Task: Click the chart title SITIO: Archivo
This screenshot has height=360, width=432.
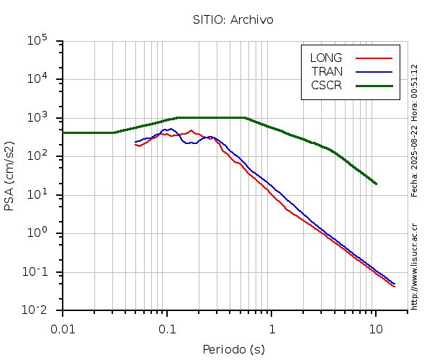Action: pos(233,19)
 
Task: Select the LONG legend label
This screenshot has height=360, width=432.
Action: pos(326,58)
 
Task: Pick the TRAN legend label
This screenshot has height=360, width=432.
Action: pos(327,71)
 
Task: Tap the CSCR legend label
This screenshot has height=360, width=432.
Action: pos(326,85)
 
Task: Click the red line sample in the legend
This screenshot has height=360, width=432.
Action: pos(374,58)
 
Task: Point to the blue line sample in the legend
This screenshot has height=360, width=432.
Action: pos(374,71)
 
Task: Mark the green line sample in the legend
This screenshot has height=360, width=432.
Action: pos(374,85)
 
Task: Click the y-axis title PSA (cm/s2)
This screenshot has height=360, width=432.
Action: pos(10,176)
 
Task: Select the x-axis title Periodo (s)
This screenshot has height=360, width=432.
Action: pos(233,350)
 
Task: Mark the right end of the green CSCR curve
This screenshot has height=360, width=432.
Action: pos(376,184)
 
